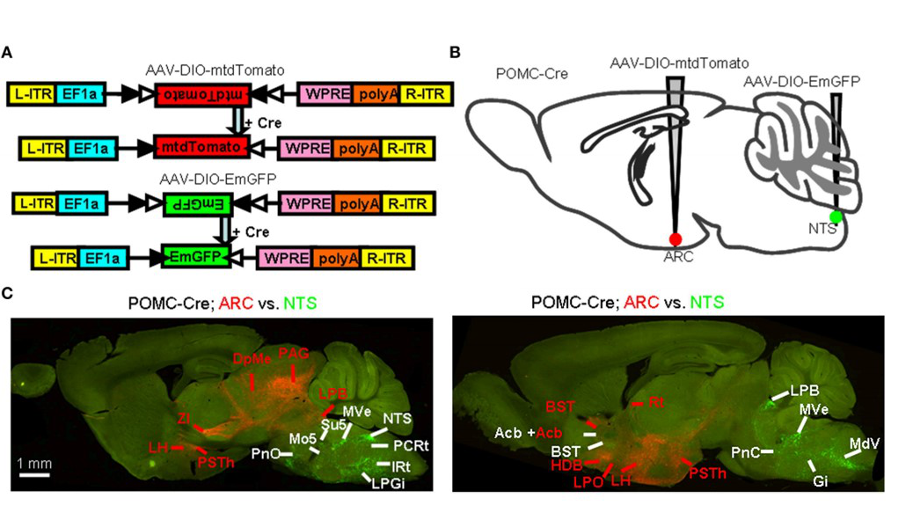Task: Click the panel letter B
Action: (x=455, y=53)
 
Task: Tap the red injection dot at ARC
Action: (x=676, y=239)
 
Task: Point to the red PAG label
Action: (x=294, y=354)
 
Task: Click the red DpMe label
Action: (x=249, y=359)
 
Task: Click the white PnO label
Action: (x=265, y=454)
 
